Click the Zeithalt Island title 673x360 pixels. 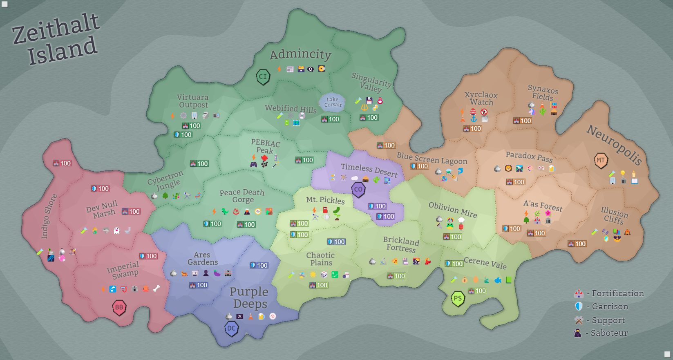click(x=56, y=40)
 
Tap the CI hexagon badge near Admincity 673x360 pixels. click(x=263, y=76)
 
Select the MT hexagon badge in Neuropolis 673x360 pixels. click(x=601, y=160)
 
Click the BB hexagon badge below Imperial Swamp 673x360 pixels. click(x=119, y=307)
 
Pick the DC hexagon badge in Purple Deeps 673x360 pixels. click(x=231, y=328)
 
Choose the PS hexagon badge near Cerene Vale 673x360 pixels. click(x=458, y=299)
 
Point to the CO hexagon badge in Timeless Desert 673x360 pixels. click(x=358, y=190)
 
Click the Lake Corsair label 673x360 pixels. click(x=333, y=102)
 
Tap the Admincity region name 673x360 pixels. click(x=300, y=54)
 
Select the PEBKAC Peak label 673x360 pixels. click(x=265, y=146)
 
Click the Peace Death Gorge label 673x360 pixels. click(x=242, y=196)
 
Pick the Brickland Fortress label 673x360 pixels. click(x=401, y=244)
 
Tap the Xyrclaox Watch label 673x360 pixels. click(x=481, y=98)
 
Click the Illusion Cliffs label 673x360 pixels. click(x=614, y=215)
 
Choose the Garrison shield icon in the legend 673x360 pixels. click(x=579, y=306)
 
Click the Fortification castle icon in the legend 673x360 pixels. click(x=579, y=293)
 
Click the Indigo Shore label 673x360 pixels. click(x=49, y=217)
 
